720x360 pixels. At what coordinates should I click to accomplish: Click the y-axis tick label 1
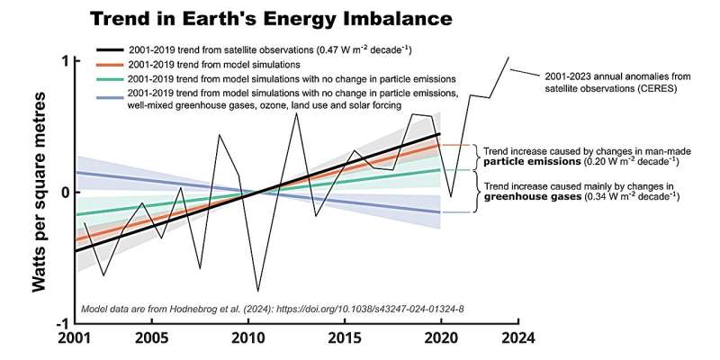[65, 60]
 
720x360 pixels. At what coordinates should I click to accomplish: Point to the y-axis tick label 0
[65, 192]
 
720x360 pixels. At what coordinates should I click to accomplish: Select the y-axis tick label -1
[62, 323]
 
